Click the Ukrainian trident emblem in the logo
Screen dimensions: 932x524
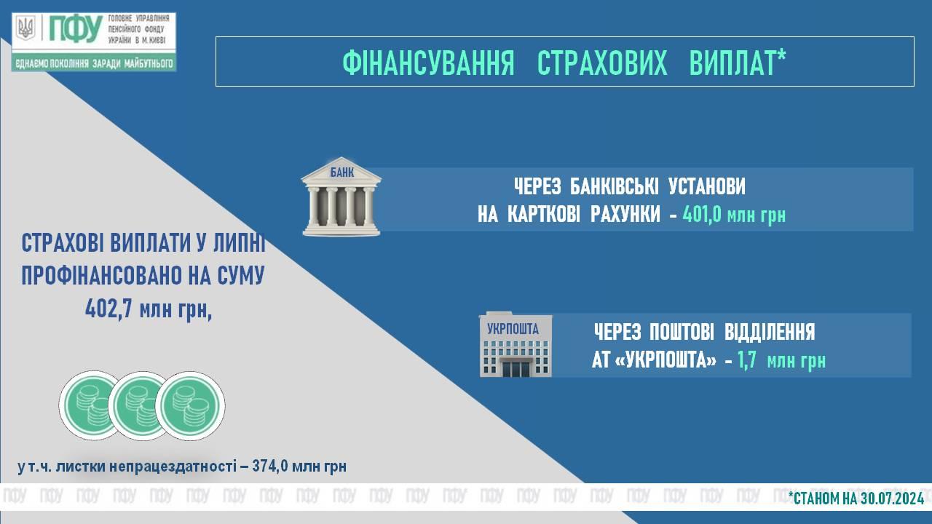pyautogui.click(x=25, y=28)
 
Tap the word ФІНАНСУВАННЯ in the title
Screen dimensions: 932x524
pyautogui.click(x=428, y=63)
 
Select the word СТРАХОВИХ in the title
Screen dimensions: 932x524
pyautogui.click(x=602, y=63)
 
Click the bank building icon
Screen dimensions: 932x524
pyautogui.click(x=341, y=196)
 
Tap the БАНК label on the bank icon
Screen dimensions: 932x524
pyautogui.click(x=342, y=172)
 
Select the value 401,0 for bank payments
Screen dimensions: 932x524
pyautogui.click(x=701, y=215)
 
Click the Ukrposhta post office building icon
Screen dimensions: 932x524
pyautogui.click(x=516, y=345)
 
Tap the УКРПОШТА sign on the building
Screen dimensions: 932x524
pyautogui.click(x=513, y=329)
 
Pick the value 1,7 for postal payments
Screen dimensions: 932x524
pyautogui.click(x=747, y=360)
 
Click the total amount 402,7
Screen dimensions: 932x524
pyautogui.click(x=108, y=309)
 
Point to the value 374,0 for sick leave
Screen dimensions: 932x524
pyautogui.click(x=269, y=466)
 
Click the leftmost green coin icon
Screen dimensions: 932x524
pyautogui.click(x=94, y=405)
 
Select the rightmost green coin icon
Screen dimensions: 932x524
pyautogui.click(x=190, y=406)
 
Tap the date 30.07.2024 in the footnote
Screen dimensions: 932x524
pyautogui.click(x=892, y=498)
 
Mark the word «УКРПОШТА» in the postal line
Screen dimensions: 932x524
pyautogui.click(x=666, y=360)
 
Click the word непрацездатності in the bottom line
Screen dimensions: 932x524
pyautogui.click(x=173, y=467)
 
